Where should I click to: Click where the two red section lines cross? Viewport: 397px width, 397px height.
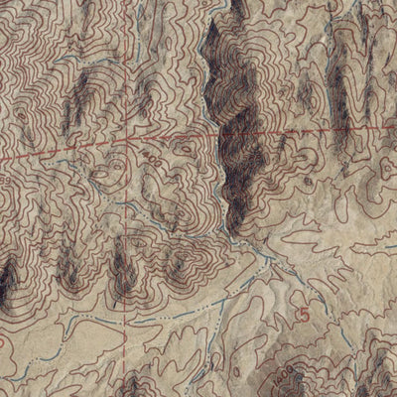tap(127, 142)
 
